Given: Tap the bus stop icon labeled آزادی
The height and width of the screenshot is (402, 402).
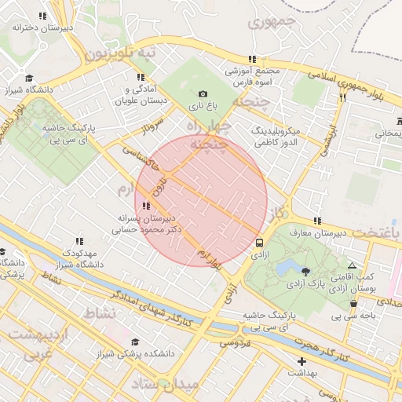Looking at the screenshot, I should pyautogui.click(x=259, y=243).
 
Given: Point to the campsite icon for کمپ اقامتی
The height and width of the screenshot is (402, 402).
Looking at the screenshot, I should pyautogui.click(x=352, y=265).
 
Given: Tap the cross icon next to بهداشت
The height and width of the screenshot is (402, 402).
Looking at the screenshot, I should pyautogui.click(x=301, y=362).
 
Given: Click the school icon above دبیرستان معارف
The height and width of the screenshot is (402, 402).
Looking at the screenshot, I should pyautogui.click(x=317, y=221).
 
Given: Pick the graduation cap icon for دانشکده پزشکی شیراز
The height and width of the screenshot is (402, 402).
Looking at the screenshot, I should pyautogui.click(x=134, y=342).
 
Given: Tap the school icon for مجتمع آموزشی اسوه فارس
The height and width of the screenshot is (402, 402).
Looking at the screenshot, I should pyautogui.click(x=252, y=59).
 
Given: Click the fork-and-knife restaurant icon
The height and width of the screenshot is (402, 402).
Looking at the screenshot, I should pyautogui.click(x=342, y=98).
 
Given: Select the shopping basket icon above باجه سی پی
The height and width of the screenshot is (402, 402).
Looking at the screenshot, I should pyautogui.click(x=354, y=304).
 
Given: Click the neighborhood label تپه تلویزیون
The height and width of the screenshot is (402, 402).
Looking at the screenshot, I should pyautogui.click(x=121, y=53).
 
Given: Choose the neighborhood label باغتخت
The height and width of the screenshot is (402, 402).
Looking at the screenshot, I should pyautogui.click(x=375, y=233).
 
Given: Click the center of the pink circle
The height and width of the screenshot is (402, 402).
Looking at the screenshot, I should pyautogui.click(x=201, y=201).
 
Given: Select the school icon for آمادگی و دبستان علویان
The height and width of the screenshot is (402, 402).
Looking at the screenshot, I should pyautogui.click(x=141, y=77).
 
